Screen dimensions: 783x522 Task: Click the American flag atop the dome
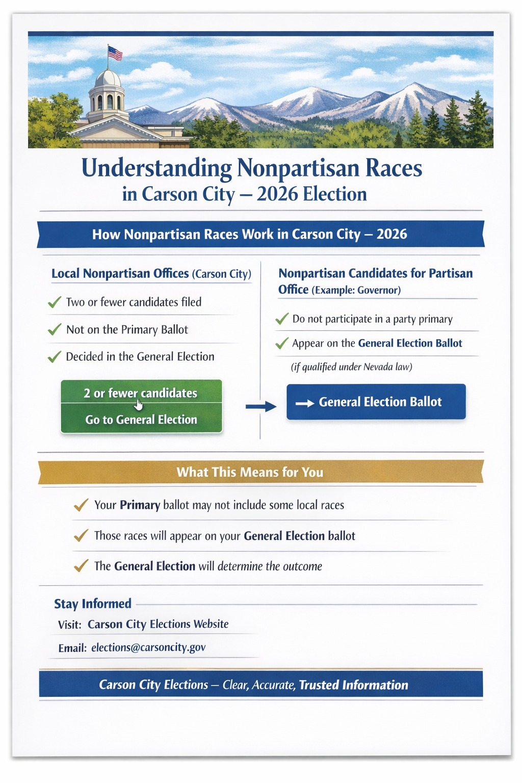(x=115, y=53)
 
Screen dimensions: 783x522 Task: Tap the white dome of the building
(x=108, y=80)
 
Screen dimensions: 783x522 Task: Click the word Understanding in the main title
(x=156, y=168)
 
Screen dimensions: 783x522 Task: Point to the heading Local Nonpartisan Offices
(x=120, y=274)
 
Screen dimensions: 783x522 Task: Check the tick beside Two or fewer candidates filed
(x=55, y=303)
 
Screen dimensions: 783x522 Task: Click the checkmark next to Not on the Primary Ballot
(x=55, y=330)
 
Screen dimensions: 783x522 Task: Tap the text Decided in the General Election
(x=140, y=357)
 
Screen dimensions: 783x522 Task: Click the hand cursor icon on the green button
(x=139, y=405)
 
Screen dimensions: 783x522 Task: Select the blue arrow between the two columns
(x=260, y=406)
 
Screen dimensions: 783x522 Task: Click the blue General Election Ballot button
(x=376, y=402)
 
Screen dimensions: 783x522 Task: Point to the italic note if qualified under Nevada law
(x=351, y=367)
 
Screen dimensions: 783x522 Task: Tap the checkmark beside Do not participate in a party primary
(x=281, y=320)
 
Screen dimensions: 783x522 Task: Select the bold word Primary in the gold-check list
(x=140, y=505)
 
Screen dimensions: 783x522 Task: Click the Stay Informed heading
(x=93, y=604)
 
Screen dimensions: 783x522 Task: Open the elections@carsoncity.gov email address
(x=148, y=648)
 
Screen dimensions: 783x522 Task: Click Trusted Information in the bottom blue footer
(x=353, y=685)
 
